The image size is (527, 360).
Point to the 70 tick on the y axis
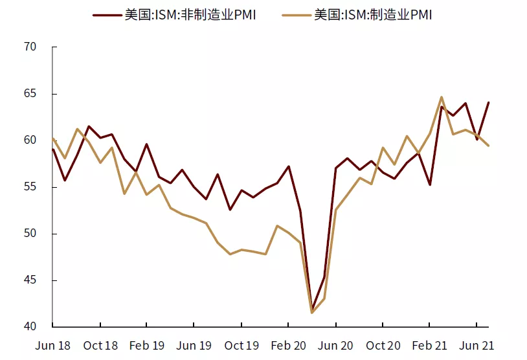point(31,47)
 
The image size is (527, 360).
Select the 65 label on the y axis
point(31,94)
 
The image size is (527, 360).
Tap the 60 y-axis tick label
point(31,141)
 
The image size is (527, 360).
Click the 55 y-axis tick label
point(31,187)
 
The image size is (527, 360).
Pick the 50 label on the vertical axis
point(31,234)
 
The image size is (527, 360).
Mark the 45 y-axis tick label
point(31,280)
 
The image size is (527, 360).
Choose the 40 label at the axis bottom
point(31,327)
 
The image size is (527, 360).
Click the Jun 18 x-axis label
point(53,345)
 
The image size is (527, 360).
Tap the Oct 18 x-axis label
point(100,345)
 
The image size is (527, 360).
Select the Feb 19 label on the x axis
point(147,345)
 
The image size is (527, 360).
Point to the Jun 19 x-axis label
point(194,345)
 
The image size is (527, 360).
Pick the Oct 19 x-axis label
point(241,345)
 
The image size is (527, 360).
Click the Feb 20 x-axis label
point(288,345)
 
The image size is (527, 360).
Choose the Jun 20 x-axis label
point(335,345)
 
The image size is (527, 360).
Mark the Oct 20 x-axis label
point(383,345)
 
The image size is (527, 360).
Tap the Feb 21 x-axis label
point(430,345)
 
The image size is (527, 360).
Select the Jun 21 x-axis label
point(477,345)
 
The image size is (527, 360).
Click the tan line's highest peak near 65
point(442,97)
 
